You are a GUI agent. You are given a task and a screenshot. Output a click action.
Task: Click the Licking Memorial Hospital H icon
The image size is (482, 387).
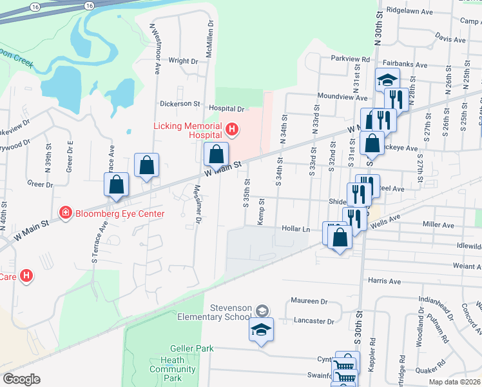pyautogui.click(x=231, y=131)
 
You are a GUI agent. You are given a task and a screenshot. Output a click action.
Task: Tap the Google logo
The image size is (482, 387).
pyautogui.click(x=21, y=379)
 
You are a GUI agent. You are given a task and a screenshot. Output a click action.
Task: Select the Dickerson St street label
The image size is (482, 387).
pyautogui.click(x=180, y=103)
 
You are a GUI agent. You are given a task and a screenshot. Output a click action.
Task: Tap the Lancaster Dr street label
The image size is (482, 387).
pyautogui.click(x=313, y=321)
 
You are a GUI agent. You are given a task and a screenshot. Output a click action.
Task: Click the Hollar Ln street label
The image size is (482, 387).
pyautogui.click(x=296, y=229)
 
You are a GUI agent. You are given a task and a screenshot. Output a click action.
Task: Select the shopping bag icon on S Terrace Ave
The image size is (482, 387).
pyautogui.click(x=116, y=184)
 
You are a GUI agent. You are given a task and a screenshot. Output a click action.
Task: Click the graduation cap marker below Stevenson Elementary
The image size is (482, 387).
pyautogui.click(x=261, y=330)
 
